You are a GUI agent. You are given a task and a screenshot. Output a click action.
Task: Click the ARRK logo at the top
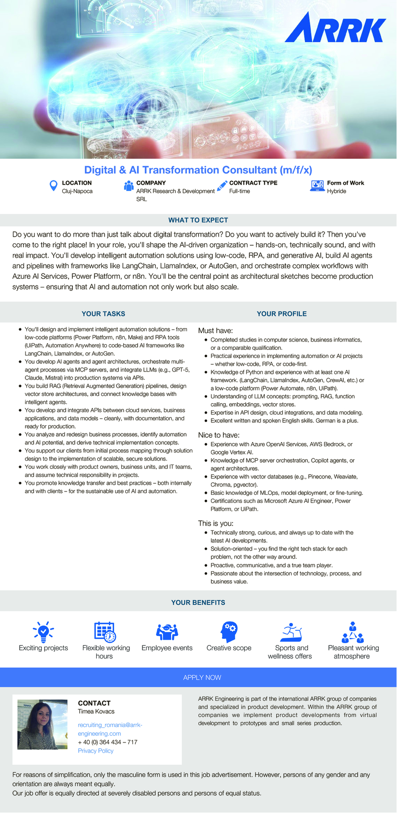tap(335, 28)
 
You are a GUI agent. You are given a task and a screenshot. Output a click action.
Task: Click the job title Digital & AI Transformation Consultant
tap(198, 170)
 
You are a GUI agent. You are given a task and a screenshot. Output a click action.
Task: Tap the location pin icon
tap(54, 186)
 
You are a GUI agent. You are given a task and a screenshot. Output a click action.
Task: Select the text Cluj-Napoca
tap(77, 191)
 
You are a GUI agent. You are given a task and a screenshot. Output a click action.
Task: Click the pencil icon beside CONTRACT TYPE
tap(222, 186)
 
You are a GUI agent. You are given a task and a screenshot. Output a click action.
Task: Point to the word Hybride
tap(336, 191)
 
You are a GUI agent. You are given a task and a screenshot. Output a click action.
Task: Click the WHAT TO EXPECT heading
tap(198, 220)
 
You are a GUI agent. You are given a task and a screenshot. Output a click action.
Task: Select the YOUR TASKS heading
tap(103, 314)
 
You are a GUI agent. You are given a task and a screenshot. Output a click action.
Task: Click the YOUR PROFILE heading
tap(281, 314)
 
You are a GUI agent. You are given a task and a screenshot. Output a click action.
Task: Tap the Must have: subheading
tap(215, 331)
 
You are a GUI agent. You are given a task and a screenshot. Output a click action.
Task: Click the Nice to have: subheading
tap(219, 435)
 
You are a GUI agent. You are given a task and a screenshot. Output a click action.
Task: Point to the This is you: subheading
tap(216, 523)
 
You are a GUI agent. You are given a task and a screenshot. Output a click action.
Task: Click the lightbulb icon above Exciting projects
tap(43, 632)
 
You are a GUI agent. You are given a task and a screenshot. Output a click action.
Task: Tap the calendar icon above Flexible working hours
tap(105, 632)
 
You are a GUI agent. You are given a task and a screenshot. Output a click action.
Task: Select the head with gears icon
tap(229, 632)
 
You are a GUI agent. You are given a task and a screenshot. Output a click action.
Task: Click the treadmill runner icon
tap(291, 632)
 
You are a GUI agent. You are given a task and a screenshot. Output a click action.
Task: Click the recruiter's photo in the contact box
tap(42, 724)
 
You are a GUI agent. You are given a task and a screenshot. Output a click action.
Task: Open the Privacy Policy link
tap(95, 751)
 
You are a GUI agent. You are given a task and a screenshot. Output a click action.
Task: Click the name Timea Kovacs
tap(96, 711)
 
